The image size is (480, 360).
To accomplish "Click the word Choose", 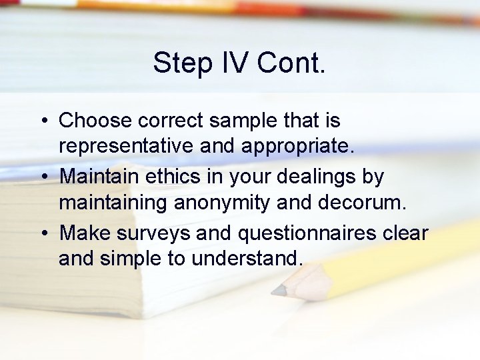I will [x=95, y=121].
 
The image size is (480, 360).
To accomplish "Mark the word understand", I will [x=247, y=257].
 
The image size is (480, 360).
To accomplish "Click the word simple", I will [x=131, y=257].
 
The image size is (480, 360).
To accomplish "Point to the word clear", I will [x=406, y=233].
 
